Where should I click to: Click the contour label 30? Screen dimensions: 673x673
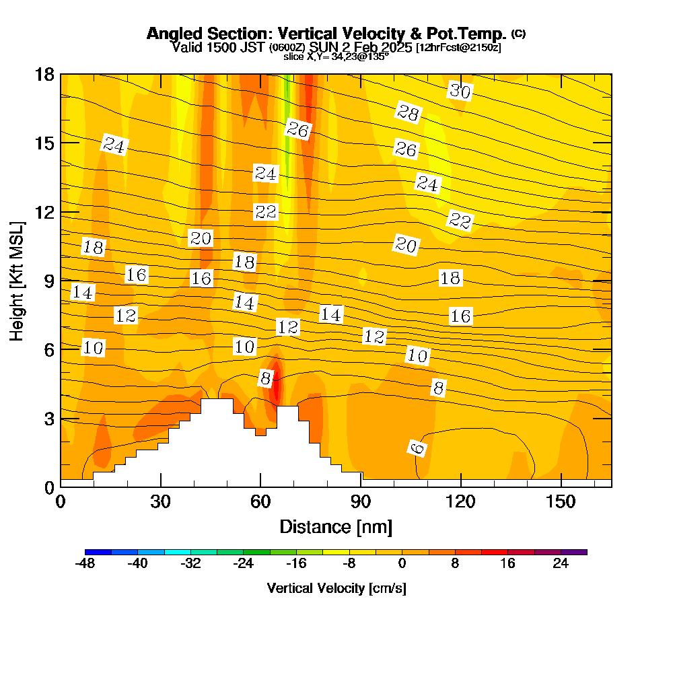coord(460,91)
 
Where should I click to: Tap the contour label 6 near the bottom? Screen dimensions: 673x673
coord(418,448)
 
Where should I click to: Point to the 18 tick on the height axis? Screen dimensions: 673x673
coord(44,74)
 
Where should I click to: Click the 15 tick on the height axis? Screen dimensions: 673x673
coord(44,143)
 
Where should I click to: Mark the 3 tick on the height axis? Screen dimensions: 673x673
coord(48,418)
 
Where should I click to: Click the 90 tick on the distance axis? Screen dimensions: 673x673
coord(361,502)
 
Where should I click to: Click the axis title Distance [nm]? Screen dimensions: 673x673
coord(336,526)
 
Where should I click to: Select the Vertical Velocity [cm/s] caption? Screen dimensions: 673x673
coord(336,588)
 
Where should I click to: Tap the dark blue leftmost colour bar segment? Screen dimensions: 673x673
coord(98,552)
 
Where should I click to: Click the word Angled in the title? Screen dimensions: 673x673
coord(170,34)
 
